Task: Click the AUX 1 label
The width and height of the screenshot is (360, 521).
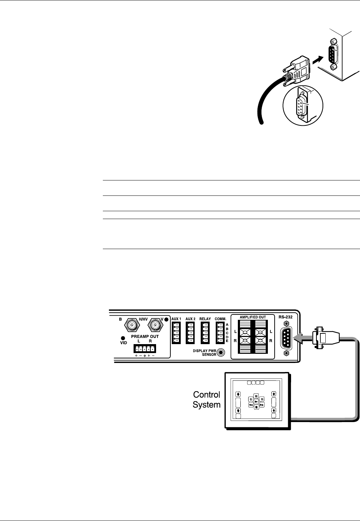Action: (x=176, y=319)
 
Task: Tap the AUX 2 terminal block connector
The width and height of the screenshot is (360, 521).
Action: (x=191, y=333)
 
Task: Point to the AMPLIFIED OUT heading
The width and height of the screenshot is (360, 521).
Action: (x=252, y=317)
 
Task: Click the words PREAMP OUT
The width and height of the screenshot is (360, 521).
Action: (x=144, y=337)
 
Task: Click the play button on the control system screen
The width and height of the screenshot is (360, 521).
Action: (x=256, y=402)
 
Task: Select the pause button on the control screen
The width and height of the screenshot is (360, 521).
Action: (x=256, y=396)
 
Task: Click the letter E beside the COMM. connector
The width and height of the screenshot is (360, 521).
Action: (x=227, y=341)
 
